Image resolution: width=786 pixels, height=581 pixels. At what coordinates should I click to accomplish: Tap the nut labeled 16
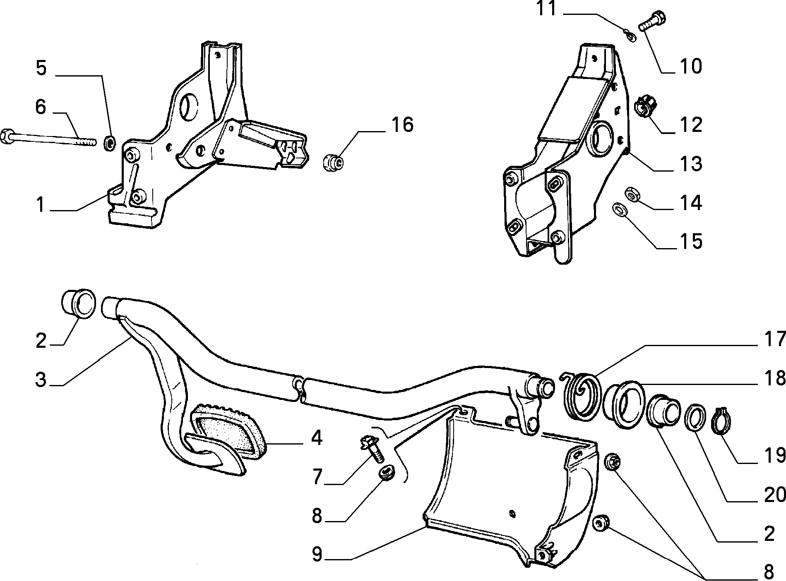tap(334, 162)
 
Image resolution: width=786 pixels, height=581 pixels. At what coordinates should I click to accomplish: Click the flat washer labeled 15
tap(620, 209)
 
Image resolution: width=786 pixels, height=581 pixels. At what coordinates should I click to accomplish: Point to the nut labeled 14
tap(632, 194)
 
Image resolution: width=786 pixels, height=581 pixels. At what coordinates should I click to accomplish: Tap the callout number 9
tap(317, 554)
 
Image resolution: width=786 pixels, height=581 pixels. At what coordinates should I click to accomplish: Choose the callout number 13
tap(690, 164)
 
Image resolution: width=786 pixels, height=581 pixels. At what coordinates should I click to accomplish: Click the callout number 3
tap(41, 380)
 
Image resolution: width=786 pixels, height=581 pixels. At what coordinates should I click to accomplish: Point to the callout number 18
tap(774, 378)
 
